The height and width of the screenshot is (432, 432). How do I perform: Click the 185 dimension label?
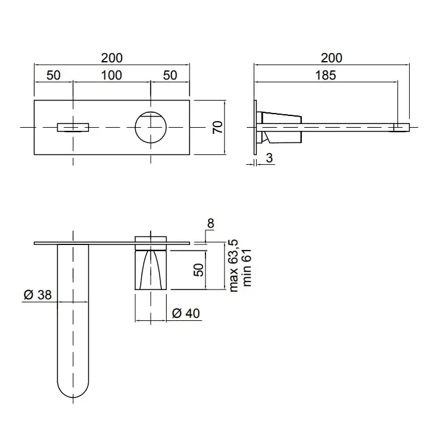(x=325, y=75)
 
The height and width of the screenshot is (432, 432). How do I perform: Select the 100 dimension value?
(x=111, y=75)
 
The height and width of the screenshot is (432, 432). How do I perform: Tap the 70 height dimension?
(x=218, y=127)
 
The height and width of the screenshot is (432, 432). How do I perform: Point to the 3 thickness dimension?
(x=269, y=158)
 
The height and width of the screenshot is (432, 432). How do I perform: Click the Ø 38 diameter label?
(x=38, y=295)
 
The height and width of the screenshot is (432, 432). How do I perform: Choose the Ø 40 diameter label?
(x=186, y=314)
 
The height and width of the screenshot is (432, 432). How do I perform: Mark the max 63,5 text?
(x=233, y=266)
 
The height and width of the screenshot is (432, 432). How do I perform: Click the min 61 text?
(x=247, y=268)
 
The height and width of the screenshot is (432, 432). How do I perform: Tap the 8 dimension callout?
(x=210, y=223)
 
